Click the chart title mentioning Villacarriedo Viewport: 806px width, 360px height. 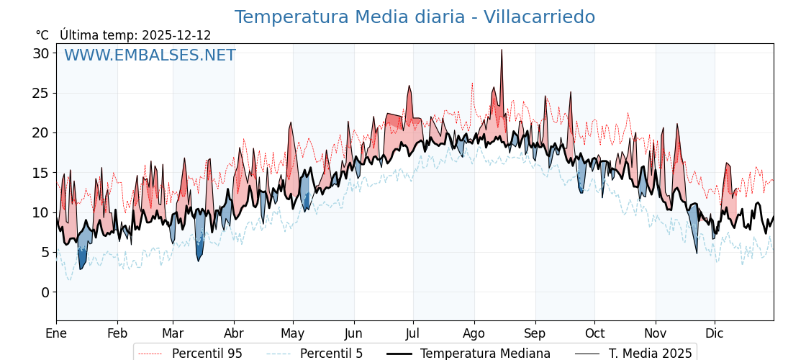415,17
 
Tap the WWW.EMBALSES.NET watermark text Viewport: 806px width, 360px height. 150,55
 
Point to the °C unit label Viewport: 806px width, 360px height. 42,35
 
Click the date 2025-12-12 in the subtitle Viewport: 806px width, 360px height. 176,35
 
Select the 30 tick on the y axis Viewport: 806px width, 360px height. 40,53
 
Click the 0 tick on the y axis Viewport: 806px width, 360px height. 45,292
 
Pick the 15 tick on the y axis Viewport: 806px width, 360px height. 40,173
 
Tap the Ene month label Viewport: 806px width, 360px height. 56,333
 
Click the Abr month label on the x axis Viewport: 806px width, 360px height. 234,333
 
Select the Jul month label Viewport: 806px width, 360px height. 413,333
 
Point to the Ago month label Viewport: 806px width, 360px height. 474,333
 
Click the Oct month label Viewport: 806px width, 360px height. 594,333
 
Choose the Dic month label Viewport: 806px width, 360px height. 715,333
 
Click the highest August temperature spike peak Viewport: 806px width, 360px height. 502,50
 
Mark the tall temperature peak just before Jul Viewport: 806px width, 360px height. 409,86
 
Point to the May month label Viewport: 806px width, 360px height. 293,333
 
